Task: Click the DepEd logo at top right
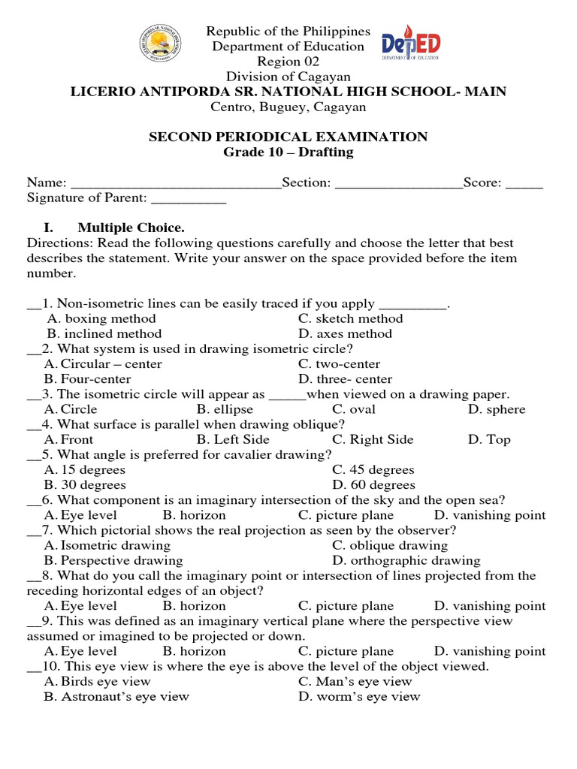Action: click(x=410, y=47)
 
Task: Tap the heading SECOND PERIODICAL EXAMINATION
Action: click(x=288, y=137)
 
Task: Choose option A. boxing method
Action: click(x=101, y=318)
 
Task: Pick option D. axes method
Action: click(x=345, y=333)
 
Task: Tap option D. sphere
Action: click(x=497, y=409)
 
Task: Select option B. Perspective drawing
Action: click(x=113, y=560)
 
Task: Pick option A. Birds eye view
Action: click(x=98, y=681)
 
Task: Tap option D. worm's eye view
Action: click(x=359, y=696)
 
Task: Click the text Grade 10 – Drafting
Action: click(x=288, y=152)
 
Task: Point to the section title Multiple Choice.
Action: click(x=131, y=228)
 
